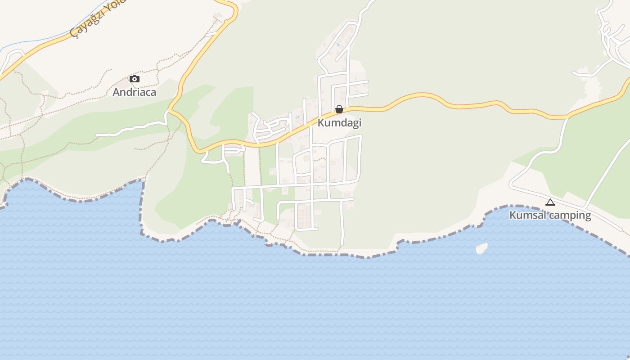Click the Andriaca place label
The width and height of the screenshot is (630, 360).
(x=134, y=92)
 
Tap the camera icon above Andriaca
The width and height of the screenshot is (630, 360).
(x=134, y=79)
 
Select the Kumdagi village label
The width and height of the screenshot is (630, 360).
(x=339, y=123)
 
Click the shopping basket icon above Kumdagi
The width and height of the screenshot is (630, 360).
(x=339, y=109)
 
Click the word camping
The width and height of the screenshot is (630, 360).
(x=570, y=215)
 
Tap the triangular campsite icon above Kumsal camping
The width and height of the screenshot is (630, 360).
(x=550, y=202)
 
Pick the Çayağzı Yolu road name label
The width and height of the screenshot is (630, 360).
(x=97, y=18)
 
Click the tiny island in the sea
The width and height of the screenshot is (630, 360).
(x=481, y=248)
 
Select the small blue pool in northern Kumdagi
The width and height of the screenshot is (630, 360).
(x=338, y=45)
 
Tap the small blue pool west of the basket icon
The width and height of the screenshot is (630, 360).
(x=297, y=118)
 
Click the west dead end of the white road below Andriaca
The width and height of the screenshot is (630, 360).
(x=97, y=135)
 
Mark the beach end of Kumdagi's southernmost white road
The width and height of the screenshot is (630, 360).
(x=342, y=244)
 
